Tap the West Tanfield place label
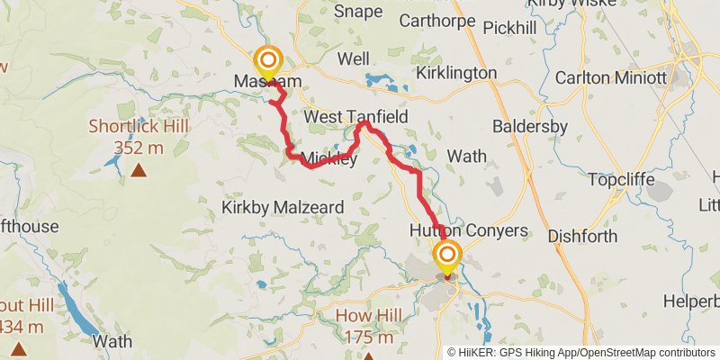356,118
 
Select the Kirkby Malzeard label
283,207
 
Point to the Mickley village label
329,159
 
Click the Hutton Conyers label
468,230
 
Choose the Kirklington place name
457,72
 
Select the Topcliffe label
626,178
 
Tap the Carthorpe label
436,19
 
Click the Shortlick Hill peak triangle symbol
139,170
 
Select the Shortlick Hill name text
139,126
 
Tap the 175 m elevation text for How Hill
366,338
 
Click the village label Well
354,58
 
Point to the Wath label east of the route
466,156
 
